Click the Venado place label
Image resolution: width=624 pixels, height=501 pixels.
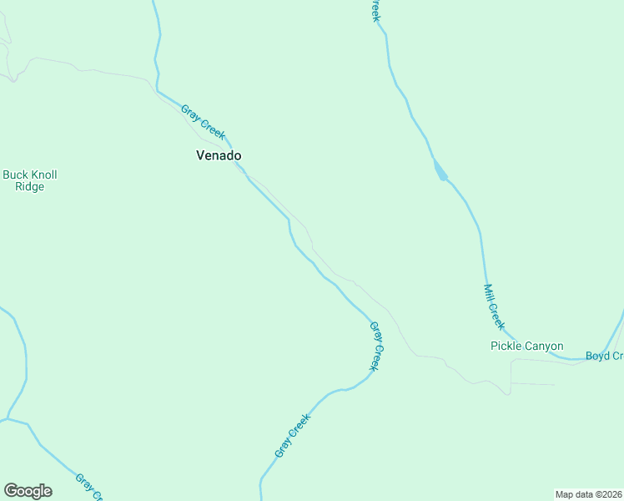click(x=219, y=155)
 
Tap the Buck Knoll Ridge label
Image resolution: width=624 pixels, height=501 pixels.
click(x=29, y=181)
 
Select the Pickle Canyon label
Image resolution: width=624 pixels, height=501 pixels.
click(x=526, y=346)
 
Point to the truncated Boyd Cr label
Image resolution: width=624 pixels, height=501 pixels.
click(x=604, y=356)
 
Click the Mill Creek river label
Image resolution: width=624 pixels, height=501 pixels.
click(x=494, y=306)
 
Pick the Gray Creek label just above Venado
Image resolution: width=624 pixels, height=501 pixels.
click(x=203, y=122)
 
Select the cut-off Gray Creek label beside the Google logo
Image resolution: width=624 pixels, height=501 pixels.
click(x=88, y=488)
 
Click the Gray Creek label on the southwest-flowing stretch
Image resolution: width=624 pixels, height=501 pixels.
click(x=292, y=436)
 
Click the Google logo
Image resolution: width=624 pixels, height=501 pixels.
click(x=28, y=491)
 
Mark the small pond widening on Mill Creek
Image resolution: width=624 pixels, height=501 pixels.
click(x=439, y=170)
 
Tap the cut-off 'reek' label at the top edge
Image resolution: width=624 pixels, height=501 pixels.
click(x=375, y=10)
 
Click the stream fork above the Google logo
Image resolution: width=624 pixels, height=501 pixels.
click(x=8, y=417)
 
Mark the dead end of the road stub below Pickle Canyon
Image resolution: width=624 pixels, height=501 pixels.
click(x=554, y=385)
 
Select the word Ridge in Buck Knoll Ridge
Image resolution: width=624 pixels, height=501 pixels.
click(x=29, y=187)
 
